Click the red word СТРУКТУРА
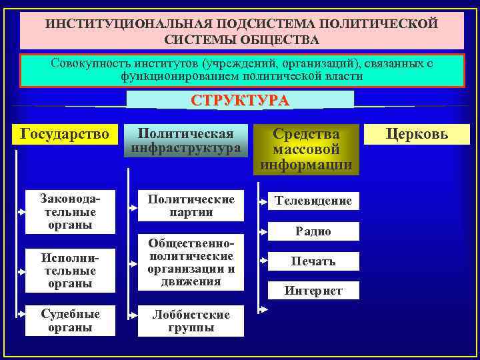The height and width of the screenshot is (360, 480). [240, 101]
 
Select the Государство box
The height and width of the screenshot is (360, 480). [65, 134]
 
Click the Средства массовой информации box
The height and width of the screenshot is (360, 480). [307, 149]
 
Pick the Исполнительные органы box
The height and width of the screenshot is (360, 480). [68, 271]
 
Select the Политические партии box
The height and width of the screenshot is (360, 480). [191, 206]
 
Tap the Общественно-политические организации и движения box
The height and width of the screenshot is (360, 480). [191, 263]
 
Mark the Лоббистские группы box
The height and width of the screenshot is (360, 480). [191, 321]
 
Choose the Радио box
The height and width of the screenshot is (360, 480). [313, 231]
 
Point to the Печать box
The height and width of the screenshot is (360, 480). [313, 261]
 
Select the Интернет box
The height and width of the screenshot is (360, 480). [313, 290]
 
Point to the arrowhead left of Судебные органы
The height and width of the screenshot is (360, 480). [23, 321]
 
